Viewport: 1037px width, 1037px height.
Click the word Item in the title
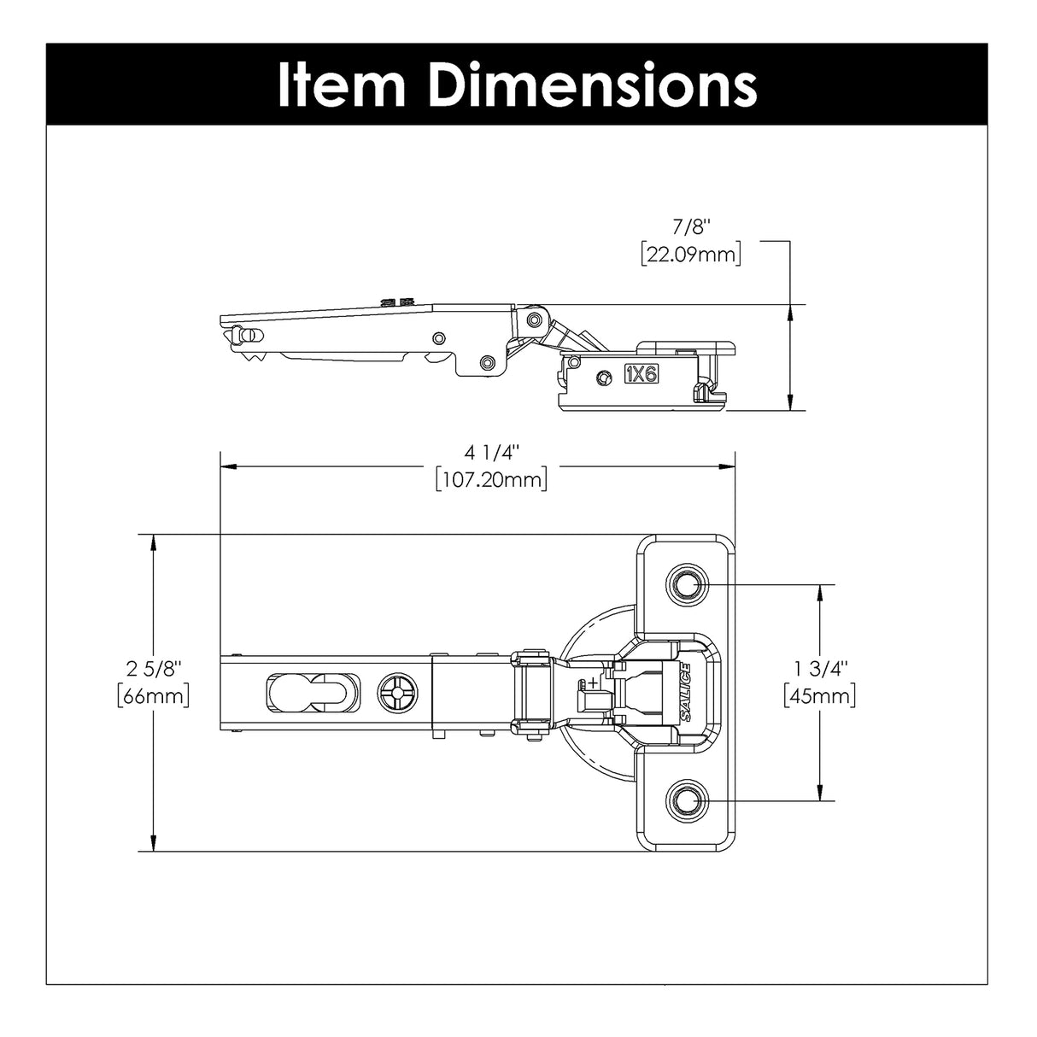[343, 84]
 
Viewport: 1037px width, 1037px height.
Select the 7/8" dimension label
[691, 227]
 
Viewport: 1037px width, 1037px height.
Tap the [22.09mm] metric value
[691, 255]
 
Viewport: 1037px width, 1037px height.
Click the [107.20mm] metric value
[490, 479]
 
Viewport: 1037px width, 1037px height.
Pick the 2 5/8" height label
[153, 667]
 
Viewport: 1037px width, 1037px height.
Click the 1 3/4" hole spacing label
[819, 667]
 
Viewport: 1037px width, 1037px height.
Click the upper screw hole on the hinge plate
[684, 584]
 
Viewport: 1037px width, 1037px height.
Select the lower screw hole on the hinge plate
[684, 800]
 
